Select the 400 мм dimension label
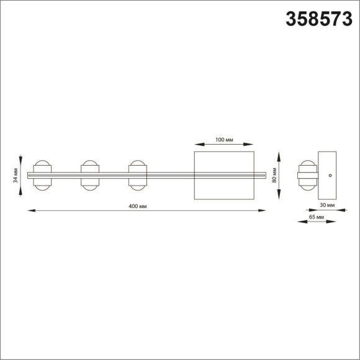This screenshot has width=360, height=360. (x=138, y=206)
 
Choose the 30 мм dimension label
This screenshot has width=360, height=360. (x=327, y=204)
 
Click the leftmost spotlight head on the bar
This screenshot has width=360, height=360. (x=42, y=175)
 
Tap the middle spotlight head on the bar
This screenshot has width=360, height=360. (x=89, y=175)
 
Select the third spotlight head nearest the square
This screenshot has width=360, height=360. (x=137, y=175)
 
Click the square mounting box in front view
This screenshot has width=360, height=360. (x=224, y=175)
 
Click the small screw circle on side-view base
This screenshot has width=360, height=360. (x=331, y=175)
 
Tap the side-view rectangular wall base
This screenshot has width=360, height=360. (x=327, y=175)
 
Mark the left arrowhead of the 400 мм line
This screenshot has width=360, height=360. (x=29, y=212)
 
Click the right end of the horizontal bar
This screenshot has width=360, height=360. (x=264, y=175)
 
